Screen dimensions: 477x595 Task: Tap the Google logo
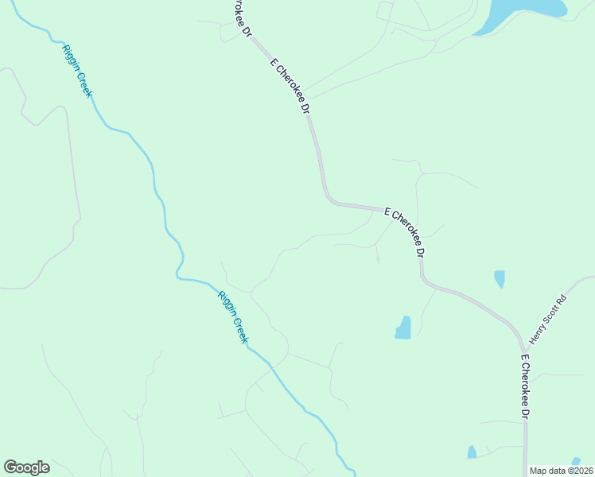(x=26, y=467)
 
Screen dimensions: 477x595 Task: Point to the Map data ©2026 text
(x=559, y=471)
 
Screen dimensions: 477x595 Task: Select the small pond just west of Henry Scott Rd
(x=500, y=278)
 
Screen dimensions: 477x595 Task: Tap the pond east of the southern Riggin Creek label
(x=403, y=328)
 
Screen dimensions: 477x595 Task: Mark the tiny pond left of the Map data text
(x=472, y=452)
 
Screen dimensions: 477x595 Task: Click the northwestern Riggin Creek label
(x=77, y=71)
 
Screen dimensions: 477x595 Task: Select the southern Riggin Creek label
(x=233, y=316)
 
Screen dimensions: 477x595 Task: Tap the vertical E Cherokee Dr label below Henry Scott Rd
(x=524, y=387)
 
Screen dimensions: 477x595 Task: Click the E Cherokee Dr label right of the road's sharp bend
(x=405, y=231)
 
